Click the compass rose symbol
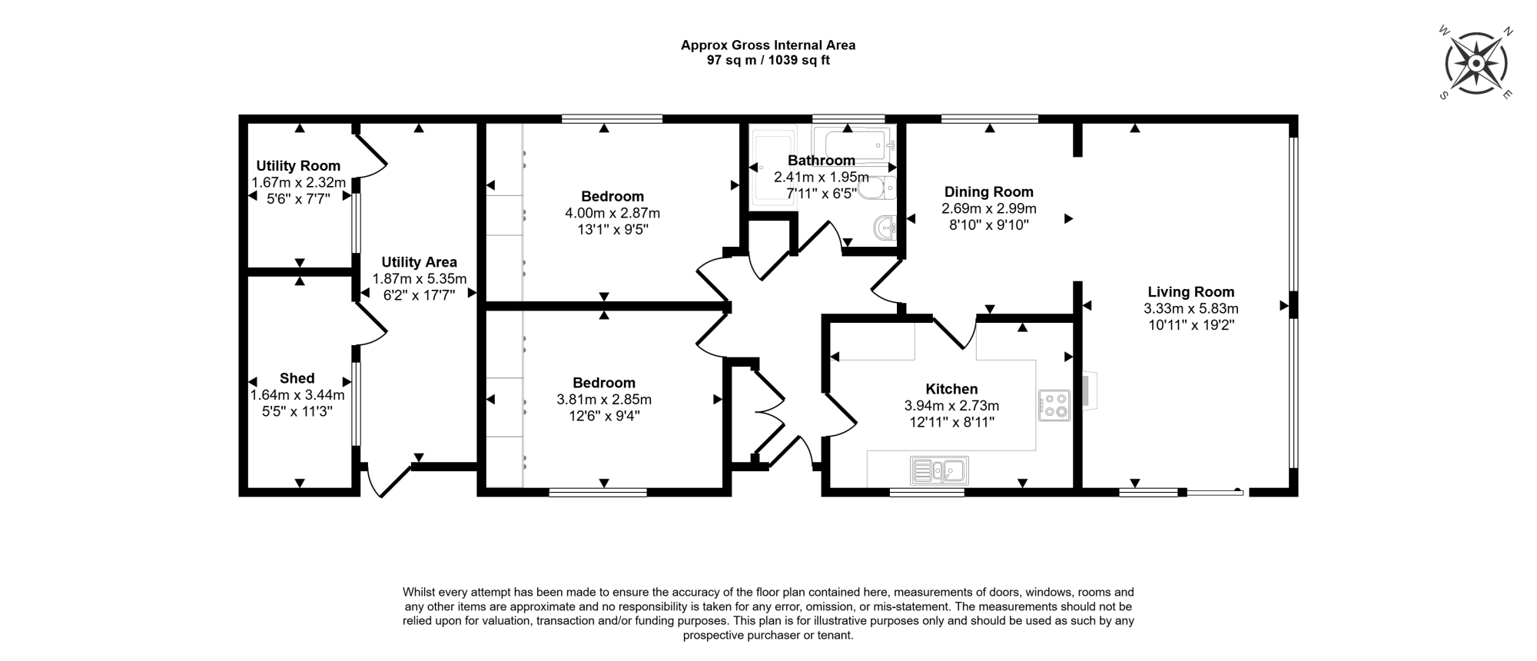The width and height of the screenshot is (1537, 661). [1476, 62]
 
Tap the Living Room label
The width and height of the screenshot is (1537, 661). [1191, 292]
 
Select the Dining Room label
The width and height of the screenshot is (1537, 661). [989, 192]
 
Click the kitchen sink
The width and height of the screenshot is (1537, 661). [939, 470]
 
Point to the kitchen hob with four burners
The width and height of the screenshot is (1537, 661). [1054, 406]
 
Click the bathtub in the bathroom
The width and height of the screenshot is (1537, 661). [854, 145]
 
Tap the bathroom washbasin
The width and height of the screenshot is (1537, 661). [885, 228]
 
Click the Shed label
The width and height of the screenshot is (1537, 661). [297, 378]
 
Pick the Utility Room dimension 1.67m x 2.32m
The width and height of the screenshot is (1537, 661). [299, 183]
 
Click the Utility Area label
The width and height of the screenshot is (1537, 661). [420, 262]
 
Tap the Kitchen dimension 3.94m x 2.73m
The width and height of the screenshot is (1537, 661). [952, 406]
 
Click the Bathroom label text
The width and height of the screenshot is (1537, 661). [822, 161]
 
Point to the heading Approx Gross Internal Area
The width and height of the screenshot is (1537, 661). [768, 45]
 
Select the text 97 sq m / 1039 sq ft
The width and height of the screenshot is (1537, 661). [768, 60]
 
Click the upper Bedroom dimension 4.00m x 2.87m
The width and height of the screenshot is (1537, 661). [612, 213]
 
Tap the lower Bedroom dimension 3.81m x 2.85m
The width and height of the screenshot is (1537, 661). [604, 400]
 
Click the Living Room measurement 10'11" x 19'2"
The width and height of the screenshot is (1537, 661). [1191, 325]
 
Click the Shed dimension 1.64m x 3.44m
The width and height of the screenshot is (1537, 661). [297, 395]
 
